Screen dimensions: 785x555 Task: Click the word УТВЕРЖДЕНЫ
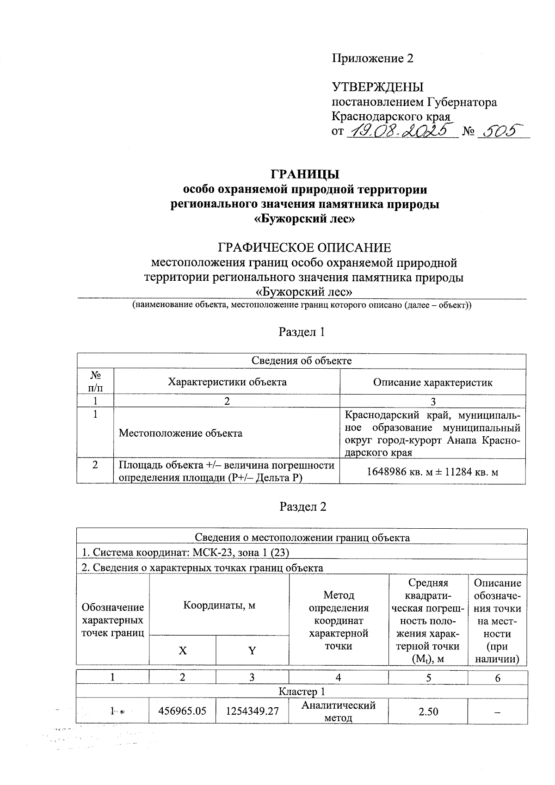(377, 87)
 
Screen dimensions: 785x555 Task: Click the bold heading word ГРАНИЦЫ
(305, 174)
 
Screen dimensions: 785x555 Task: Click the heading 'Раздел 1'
(302, 332)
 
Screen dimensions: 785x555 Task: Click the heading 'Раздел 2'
(303, 507)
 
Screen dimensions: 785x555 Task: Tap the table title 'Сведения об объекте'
(302, 361)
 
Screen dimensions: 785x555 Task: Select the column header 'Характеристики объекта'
(227, 382)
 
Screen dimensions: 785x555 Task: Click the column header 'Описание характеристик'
(432, 383)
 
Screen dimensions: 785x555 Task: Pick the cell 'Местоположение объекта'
(180, 433)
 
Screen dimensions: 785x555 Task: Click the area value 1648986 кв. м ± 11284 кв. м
(432, 472)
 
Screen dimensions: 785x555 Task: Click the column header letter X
(183, 651)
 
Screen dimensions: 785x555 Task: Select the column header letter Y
(252, 651)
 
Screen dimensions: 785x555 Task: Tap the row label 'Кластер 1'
(302, 692)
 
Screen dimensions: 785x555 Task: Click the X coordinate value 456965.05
(182, 711)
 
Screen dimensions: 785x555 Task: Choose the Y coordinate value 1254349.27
(252, 711)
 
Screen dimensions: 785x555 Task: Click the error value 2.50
(428, 711)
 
